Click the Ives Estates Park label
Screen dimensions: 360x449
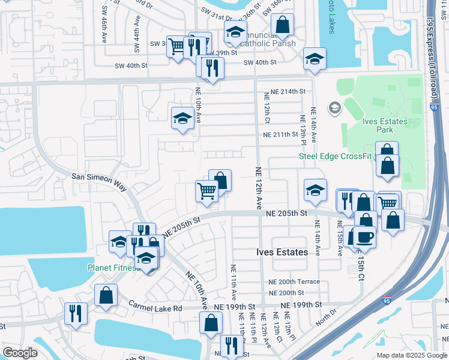point(385,125)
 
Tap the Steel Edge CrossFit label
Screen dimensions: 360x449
point(336,157)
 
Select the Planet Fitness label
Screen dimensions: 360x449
point(113,268)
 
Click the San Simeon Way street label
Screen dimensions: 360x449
point(99,182)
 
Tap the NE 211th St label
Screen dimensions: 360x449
point(280,134)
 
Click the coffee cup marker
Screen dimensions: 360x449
point(365,237)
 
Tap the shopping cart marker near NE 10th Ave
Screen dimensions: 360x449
point(206,191)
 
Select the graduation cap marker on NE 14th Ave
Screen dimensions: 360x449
point(315,190)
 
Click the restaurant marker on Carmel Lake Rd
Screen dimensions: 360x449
point(76,313)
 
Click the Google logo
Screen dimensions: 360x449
point(20,353)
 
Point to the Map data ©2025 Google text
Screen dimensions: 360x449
point(411,355)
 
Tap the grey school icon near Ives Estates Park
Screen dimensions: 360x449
point(334,109)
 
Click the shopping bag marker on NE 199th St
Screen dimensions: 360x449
point(211,322)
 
